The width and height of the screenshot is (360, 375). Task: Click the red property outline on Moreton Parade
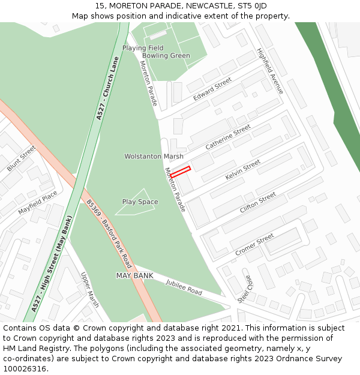(x=181, y=172)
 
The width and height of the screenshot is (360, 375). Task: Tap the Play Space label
(x=140, y=202)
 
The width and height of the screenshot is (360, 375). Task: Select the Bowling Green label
(x=166, y=56)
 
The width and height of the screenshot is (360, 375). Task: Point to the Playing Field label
(x=143, y=48)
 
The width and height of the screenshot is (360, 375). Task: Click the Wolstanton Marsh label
(x=154, y=157)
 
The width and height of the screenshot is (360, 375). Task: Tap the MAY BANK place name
(x=134, y=275)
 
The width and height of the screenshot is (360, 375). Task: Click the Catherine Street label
(x=228, y=137)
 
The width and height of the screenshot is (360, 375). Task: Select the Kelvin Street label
(x=243, y=170)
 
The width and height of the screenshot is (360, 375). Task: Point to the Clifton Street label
(x=258, y=203)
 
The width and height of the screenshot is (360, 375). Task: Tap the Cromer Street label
(x=254, y=245)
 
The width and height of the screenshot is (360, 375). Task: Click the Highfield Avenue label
(x=269, y=71)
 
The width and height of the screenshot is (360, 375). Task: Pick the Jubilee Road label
(x=184, y=287)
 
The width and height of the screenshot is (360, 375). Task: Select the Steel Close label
(x=245, y=289)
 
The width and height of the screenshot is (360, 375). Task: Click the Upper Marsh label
(x=90, y=290)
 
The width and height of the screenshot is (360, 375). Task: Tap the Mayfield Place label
(x=37, y=203)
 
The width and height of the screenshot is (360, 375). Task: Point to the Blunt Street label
(x=22, y=158)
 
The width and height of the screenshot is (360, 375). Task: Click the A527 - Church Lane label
(x=108, y=88)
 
